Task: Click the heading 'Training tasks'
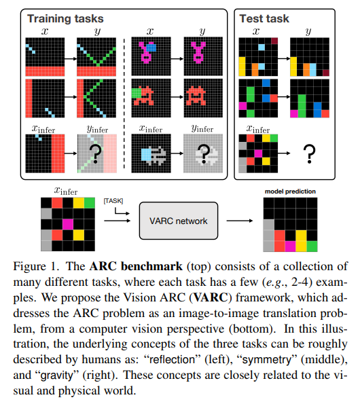click(x=65, y=19)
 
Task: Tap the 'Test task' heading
click(x=264, y=18)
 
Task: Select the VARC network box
click(x=179, y=221)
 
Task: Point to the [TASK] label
click(x=113, y=201)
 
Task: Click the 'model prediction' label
click(x=290, y=191)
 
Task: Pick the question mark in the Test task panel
click(x=309, y=154)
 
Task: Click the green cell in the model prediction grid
click(x=312, y=246)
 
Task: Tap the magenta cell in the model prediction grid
click(x=290, y=246)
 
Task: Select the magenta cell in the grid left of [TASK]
click(x=68, y=224)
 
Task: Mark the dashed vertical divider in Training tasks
click(x=124, y=104)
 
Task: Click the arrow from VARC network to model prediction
click(x=240, y=221)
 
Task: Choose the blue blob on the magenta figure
click(x=151, y=48)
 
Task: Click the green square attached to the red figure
click(x=137, y=93)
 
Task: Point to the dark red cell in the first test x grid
click(x=274, y=41)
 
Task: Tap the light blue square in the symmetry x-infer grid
click(x=146, y=155)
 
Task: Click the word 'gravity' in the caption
click(x=57, y=375)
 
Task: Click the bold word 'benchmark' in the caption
click(x=151, y=266)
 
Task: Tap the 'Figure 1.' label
click(x=36, y=266)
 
